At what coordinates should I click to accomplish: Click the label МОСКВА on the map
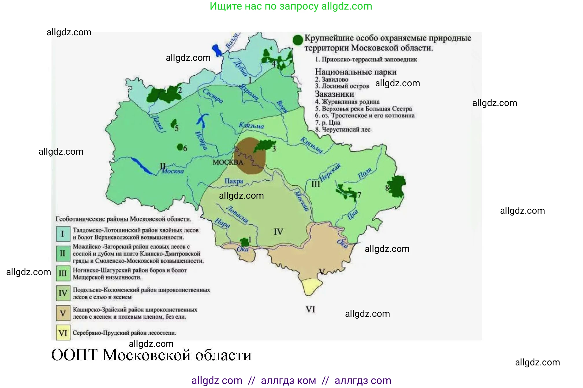pos(228,162)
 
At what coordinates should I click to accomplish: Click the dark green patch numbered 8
pos(397,186)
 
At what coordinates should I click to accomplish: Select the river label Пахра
pos(234,181)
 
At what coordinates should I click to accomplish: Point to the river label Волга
pos(232,41)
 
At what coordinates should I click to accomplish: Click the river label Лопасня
pos(237,214)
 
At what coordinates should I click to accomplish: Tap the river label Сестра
pos(213,96)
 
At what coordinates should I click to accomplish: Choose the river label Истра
pos(201,140)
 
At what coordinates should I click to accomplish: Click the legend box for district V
pos(63,313)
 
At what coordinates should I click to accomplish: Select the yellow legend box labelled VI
pos(63,333)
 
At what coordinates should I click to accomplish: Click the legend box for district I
pos(63,234)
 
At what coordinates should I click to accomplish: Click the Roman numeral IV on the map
pos(278,232)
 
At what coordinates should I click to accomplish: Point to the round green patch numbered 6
pos(180,147)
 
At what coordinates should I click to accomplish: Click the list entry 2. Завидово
pos(331,79)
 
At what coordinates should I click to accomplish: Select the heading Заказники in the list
pos(334,94)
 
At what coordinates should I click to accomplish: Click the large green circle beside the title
pos(298,40)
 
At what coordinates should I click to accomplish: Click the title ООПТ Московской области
pos(151,355)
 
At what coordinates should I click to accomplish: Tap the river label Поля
pos(365,173)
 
